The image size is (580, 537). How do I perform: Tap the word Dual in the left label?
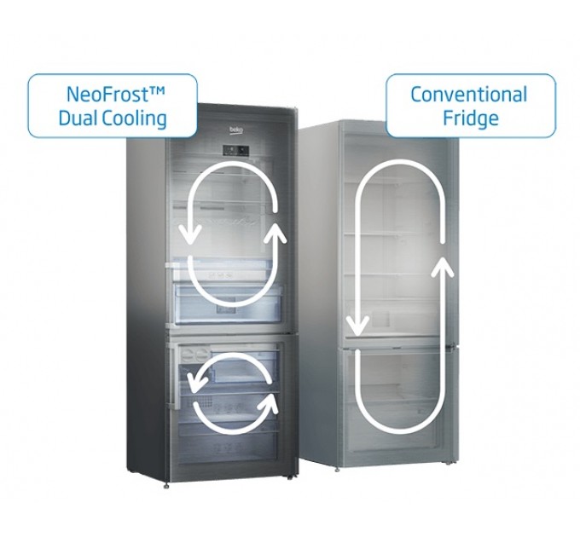click(x=78, y=118)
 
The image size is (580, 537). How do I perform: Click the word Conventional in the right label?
click(x=469, y=94)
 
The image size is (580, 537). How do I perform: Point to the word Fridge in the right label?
click(x=470, y=118)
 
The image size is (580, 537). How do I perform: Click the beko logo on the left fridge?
click(x=235, y=130)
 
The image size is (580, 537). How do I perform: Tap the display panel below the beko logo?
click(x=236, y=151)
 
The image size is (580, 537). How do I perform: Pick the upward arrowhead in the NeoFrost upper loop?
click(x=275, y=233)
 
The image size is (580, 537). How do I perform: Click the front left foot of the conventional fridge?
click(x=341, y=470)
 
